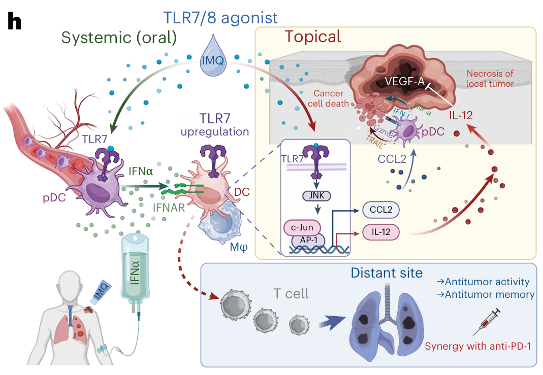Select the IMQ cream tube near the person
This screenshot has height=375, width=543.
click(x=101, y=293)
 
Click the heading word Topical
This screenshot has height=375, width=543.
click(x=312, y=37)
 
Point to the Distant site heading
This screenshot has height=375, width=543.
click(x=386, y=273)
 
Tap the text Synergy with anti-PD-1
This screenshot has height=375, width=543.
click(x=477, y=347)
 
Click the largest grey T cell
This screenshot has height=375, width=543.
click(x=236, y=302)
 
